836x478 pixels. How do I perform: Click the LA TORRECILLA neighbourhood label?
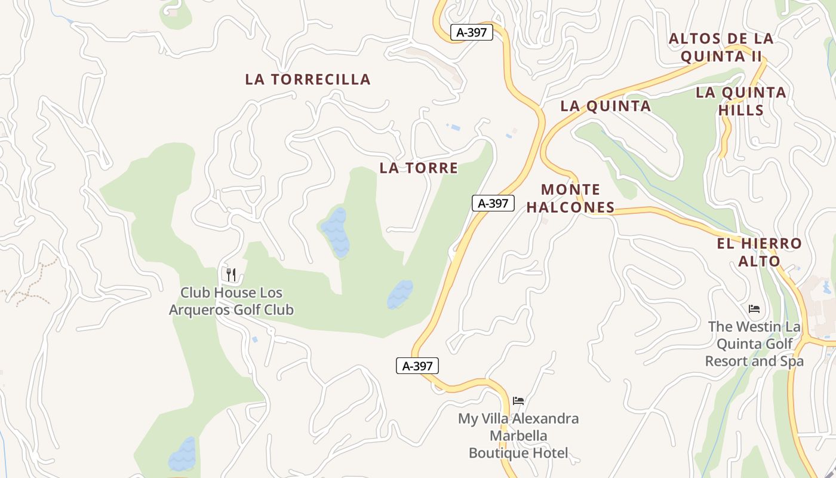click(308, 79)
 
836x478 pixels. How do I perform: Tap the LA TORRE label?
click(419, 168)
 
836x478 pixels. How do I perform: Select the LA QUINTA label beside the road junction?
click(605, 106)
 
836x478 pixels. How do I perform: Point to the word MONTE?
click(570, 190)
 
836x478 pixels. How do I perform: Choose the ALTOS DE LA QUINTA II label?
click(721, 47)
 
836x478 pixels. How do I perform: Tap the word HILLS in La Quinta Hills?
click(740, 110)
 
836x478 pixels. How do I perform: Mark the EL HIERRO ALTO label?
click(759, 252)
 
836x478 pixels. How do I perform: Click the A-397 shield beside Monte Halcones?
click(493, 203)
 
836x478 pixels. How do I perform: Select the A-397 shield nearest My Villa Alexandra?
click(417, 366)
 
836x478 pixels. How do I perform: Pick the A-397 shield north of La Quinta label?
click(471, 32)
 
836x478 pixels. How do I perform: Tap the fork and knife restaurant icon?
click(231, 275)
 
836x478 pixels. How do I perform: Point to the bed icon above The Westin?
click(754, 309)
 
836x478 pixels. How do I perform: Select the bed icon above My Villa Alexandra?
click(518, 400)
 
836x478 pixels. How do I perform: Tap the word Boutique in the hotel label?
click(498, 453)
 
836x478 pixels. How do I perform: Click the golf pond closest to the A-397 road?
click(399, 295)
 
